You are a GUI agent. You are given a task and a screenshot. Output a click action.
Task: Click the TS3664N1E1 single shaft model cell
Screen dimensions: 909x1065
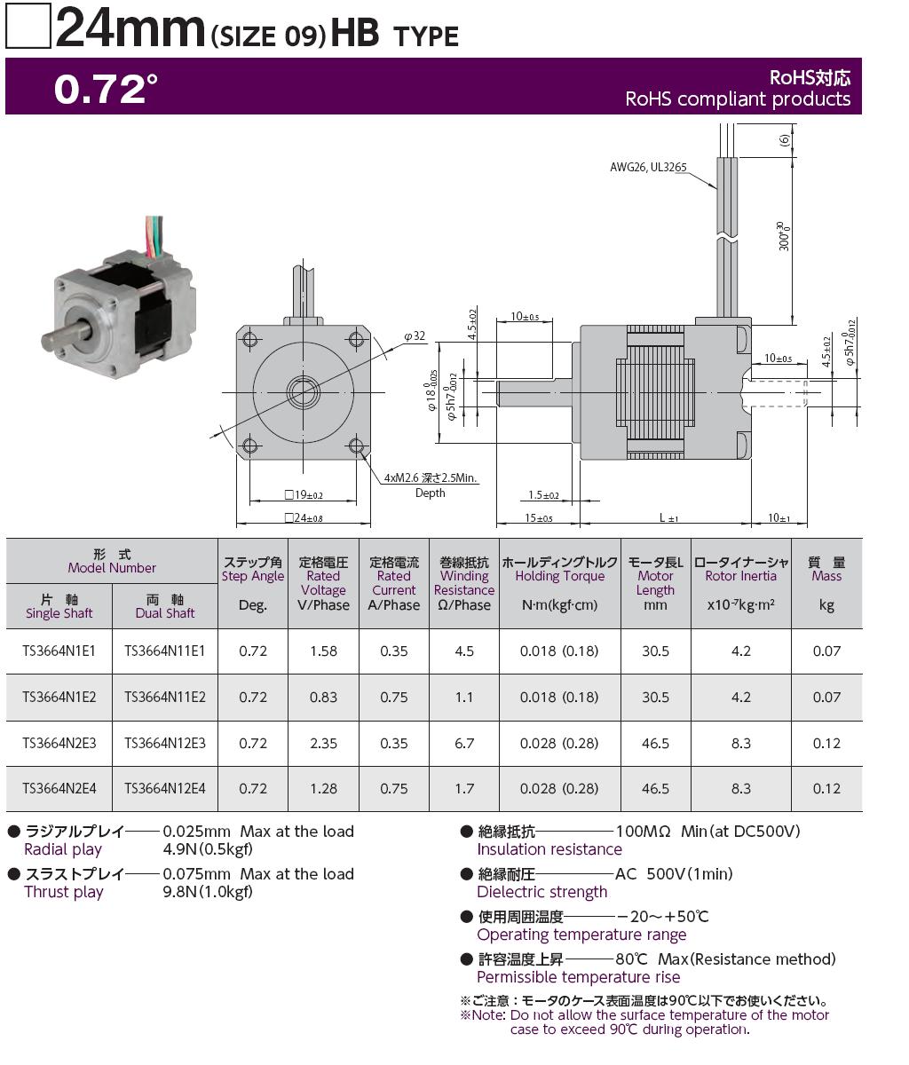(59, 651)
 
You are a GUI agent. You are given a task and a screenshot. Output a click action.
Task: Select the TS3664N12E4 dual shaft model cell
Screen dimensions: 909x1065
(165, 788)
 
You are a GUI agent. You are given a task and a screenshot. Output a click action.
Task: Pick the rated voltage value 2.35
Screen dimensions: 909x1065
(323, 743)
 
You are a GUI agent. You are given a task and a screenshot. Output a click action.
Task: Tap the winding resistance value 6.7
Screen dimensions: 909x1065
(463, 743)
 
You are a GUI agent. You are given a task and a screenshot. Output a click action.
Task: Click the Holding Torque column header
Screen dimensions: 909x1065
(559, 583)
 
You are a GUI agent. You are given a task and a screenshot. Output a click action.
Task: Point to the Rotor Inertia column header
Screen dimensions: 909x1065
(740, 583)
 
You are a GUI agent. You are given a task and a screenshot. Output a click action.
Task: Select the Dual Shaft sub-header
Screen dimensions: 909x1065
(165, 606)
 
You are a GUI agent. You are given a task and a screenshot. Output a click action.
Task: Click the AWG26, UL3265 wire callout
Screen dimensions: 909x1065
(648, 167)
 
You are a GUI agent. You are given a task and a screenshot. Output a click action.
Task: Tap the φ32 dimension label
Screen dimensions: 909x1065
(415, 336)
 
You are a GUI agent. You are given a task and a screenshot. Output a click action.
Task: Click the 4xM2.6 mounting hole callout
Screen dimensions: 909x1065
(431, 485)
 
